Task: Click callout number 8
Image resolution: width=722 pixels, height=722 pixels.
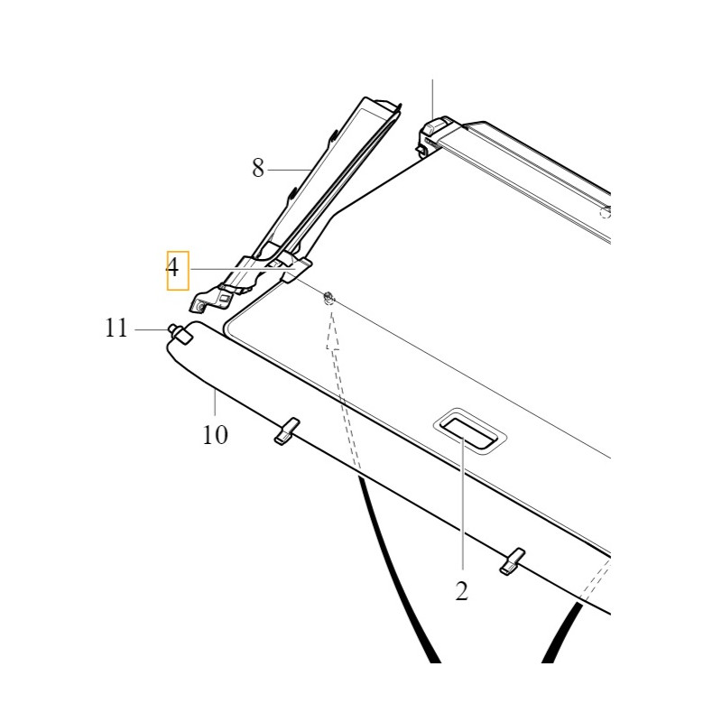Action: pos(258,168)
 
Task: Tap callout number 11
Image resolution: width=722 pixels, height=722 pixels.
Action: pos(116,329)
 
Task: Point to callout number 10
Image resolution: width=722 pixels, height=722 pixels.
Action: pos(215,435)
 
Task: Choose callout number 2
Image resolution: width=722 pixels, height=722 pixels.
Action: pos(462,591)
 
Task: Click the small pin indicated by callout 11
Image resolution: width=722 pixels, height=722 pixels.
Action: pos(180,333)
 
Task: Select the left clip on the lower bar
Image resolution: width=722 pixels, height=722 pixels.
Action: pos(287,431)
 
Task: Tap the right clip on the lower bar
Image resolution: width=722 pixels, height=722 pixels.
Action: pos(513,560)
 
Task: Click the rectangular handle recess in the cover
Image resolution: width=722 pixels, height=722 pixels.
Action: pos(469,431)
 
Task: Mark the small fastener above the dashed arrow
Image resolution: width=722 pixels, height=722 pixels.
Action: pos(329,298)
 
